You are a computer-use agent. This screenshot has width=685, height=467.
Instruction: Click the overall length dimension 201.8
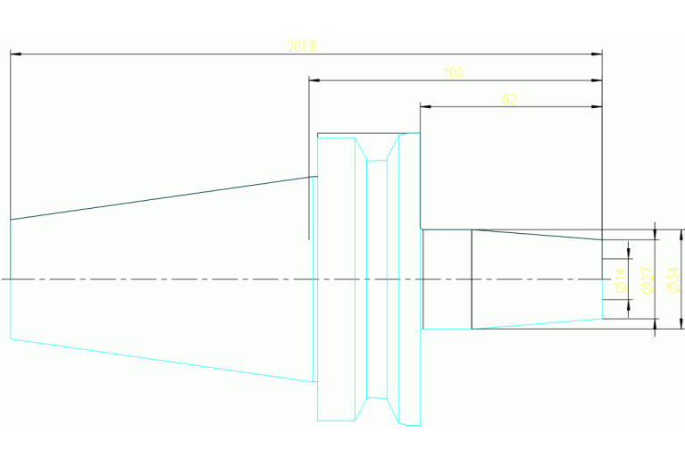(301, 46)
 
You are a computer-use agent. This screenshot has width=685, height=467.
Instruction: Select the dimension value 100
(453, 73)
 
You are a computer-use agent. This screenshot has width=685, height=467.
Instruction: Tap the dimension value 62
(509, 99)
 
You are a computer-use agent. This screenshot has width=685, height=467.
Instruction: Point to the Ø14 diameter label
(620, 280)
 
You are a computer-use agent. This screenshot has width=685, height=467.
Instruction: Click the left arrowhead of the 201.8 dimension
(15, 54)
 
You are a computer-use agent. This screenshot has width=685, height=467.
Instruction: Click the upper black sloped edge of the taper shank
(161, 197)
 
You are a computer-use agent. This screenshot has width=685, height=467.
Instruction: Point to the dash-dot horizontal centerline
(223, 279)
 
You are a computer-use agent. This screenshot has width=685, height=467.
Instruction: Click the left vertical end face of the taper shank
(11, 279)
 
